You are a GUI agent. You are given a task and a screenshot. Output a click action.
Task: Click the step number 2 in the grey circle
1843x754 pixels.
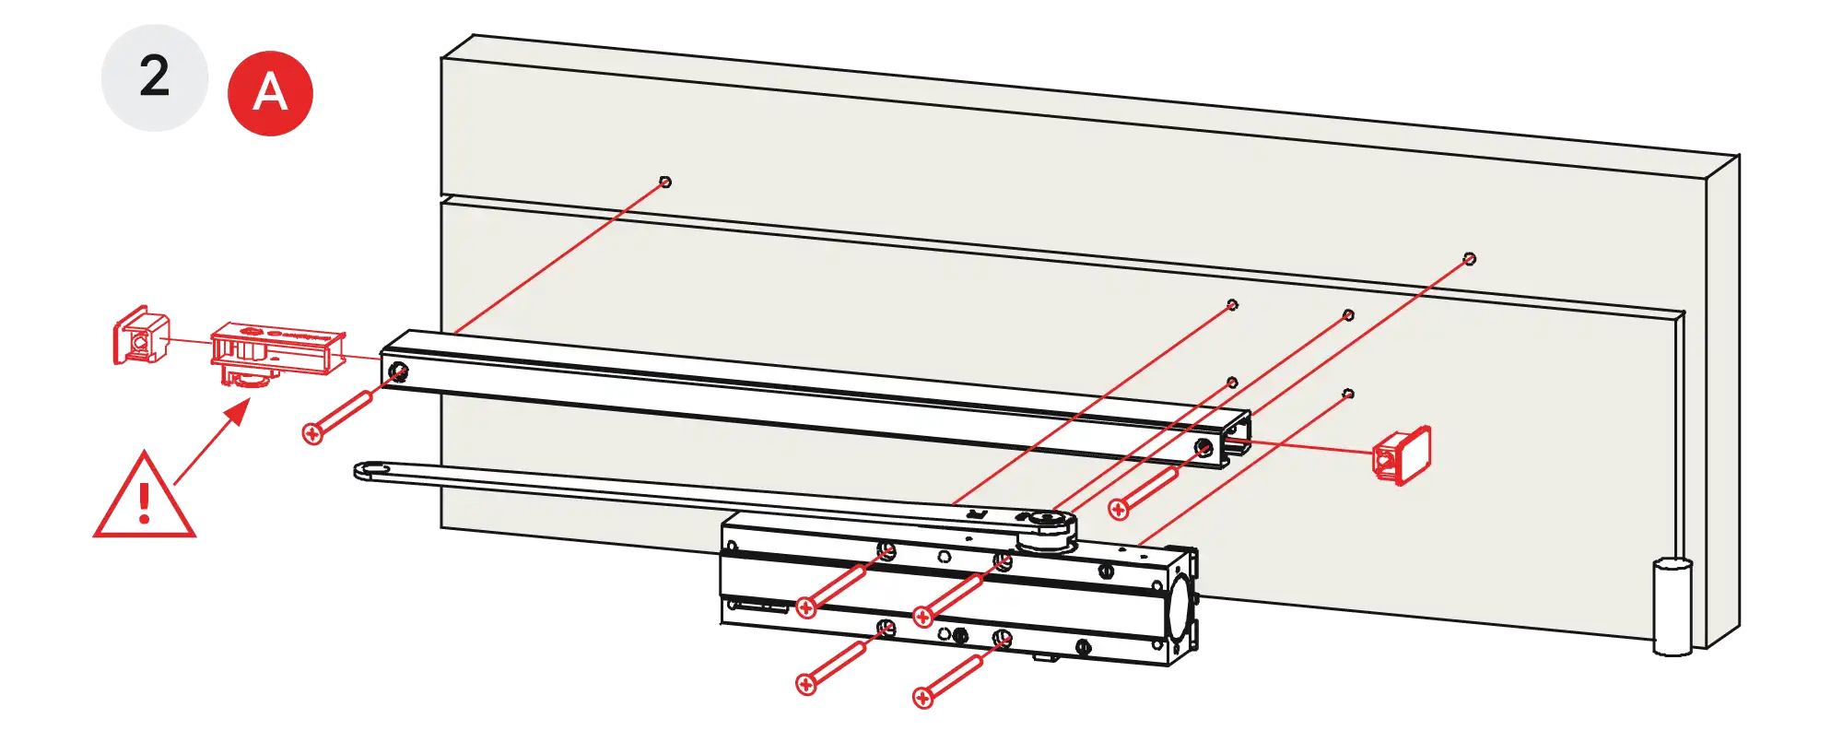click(x=155, y=77)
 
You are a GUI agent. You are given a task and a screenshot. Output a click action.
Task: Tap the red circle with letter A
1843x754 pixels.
click(x=270, y=93)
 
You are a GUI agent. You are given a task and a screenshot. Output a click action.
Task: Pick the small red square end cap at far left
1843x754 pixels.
click(x=141, y=337)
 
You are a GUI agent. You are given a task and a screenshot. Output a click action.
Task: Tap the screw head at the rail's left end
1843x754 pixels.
click(x=313, y=433)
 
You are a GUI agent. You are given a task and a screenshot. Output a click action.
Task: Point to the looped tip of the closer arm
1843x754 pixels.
click(x=371, y=472)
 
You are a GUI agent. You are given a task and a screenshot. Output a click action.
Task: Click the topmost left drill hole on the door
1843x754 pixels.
click(x=665, y=183)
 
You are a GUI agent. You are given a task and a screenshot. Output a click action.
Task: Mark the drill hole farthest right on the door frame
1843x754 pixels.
click(x=1470, y=259)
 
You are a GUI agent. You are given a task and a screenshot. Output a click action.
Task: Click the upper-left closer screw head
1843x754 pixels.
click(x=806, y=607)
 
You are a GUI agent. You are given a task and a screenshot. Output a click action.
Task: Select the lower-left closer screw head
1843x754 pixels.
click(x=806, y=684)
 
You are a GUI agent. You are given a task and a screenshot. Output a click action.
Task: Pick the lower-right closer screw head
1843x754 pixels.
click(x=923, y=697)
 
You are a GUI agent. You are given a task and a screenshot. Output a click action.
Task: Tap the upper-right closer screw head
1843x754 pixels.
click(x=922, y=617)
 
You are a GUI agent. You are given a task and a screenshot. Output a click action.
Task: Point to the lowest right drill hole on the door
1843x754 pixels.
click(x=1348, y=395)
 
